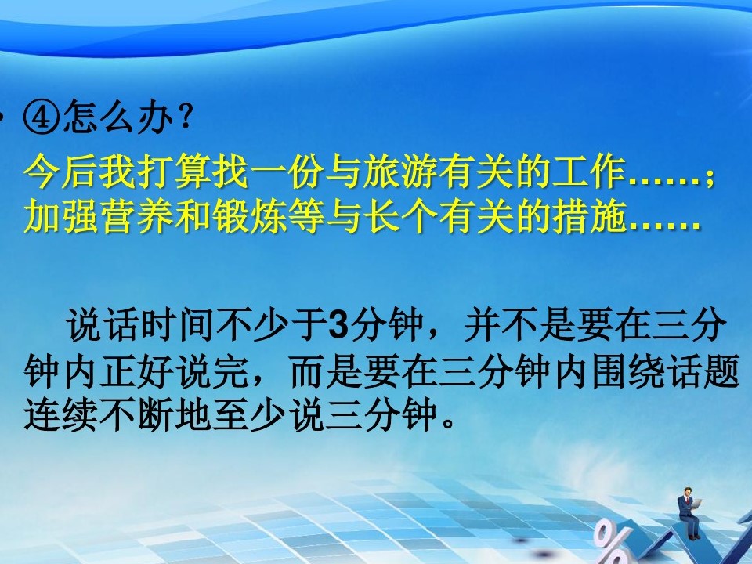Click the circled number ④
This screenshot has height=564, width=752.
[42, 117]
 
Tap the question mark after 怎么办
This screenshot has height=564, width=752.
[185, 117]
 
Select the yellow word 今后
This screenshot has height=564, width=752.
[60, 172]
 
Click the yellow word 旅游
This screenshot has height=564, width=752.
[400, 172]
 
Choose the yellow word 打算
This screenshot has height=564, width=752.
[174, 172]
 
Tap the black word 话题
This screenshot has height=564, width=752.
[703, 371]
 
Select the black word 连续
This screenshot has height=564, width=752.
[60, 414]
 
